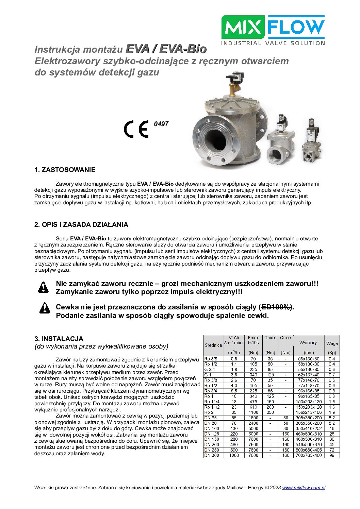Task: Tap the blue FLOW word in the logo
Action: point(296,27)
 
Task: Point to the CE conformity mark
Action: point(136,129)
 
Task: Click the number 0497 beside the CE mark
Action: point(161,124)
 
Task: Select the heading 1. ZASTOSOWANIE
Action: point(65,170)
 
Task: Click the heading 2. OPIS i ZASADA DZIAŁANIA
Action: point(81,225)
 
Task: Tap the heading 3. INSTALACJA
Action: point(59,339)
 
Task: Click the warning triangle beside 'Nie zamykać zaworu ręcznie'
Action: point(43,287)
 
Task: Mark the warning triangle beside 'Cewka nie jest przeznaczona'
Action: point(45,308)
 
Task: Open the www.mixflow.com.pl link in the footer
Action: point(304,488)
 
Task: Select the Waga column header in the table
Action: point(332,343)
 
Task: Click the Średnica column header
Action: point(213,345)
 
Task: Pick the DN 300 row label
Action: point(211,455)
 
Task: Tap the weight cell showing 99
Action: point(332,455)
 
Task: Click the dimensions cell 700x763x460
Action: point(308,455)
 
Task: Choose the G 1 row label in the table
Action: point(208,375)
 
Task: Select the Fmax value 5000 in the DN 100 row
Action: point(253,428)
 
